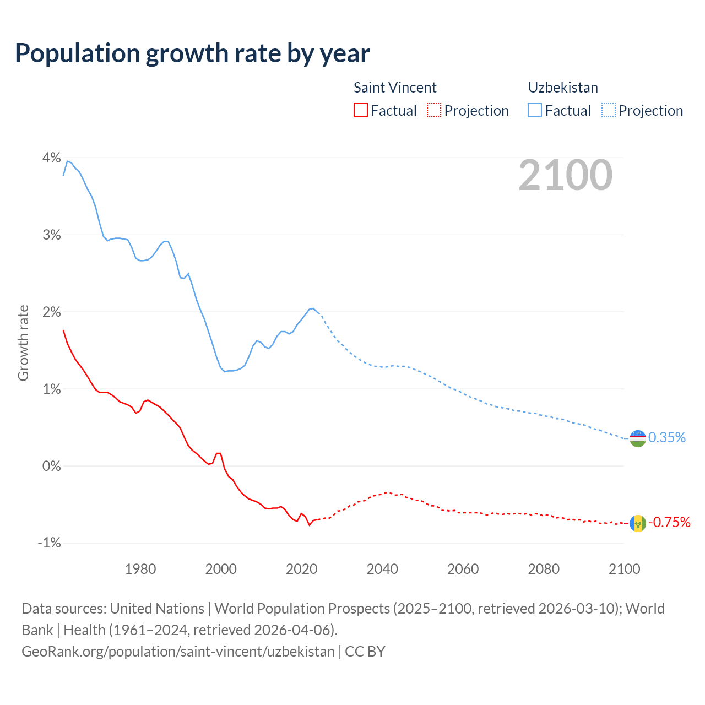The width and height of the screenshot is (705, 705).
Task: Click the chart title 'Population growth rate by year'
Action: pyautogui.click(x=192, y=53)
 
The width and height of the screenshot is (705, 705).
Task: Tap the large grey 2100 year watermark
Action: pyautogui.click(x=565, y=175)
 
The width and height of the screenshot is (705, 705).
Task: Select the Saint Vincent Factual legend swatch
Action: pyautogui.click(x=360, y=110)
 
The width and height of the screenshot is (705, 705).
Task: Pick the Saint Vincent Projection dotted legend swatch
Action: pyautogui.click(x=434, y=110)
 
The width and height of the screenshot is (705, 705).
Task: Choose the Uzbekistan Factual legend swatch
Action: pyautogui.click(x=535, y=110)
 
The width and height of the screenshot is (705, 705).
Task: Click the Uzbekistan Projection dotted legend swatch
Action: pyautogui.click(x=609, y=110)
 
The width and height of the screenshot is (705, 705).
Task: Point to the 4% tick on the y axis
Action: pyautogui.click(x=52, y=158)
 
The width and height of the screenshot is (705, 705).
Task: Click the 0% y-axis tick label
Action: pyautogui.click(x=52, y=466)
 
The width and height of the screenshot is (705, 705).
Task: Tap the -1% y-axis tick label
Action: pyautogui.click(x=50, y=543)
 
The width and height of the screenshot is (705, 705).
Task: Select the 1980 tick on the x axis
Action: pyautogui.click(x=140, y=569)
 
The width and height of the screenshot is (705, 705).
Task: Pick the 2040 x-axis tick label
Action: pyautogui.click(x=382, y=569)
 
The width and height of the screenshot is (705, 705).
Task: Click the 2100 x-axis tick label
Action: pyautogui.click(x=624, y=569)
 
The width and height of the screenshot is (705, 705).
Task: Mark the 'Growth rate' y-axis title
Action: pyautogui.click(x=23, y=343)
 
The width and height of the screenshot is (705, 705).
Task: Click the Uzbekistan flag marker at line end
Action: pyautogui.click(x=638, y=438)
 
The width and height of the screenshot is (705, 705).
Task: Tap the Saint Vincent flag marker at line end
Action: pyautogui.click(x=638, y=523)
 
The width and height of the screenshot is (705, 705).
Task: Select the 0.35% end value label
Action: pyautogui.click(x=667, y=438)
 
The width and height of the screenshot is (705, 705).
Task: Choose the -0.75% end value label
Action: pyautogui.click(x=669, y=522)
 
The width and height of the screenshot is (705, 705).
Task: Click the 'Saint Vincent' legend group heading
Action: pyautogui.click(x=395, y=88)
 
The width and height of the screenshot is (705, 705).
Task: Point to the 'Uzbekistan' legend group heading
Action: pyautogui.click(x=563, y=88)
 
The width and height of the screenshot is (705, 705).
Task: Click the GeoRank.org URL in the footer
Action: pyautogui.click(x=178, y=652)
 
